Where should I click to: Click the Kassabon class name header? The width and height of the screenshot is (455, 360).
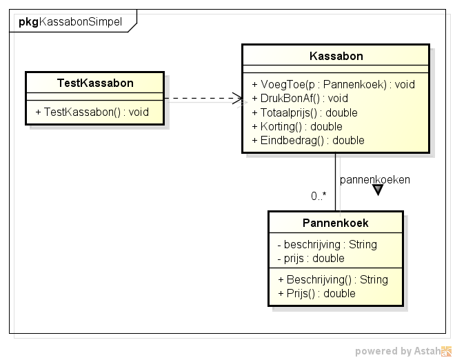[x=336, y=56]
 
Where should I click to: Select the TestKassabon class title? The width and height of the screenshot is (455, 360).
[x=95, y=83]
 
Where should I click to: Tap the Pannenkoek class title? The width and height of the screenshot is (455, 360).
[x=336, y=223]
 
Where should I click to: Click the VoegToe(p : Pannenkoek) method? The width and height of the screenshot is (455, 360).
[x=334, y=85]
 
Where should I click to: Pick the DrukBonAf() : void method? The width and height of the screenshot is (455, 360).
[x=300, y=99]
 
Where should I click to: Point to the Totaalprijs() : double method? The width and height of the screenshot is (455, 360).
[x=305, y=112]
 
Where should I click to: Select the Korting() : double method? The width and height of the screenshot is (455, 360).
[x=297, y=127]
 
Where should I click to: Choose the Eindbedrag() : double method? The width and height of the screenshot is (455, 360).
[x=308, y=141]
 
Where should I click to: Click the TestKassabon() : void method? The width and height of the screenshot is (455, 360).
[x=92, y=112]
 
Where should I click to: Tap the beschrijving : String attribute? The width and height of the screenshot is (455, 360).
[x=327, y=244]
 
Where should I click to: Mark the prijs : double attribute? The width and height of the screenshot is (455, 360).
[x=311, y=259]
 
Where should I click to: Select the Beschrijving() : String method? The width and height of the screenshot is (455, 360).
[x=333, y=279]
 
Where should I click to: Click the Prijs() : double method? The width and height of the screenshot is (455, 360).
[x=316, y=294]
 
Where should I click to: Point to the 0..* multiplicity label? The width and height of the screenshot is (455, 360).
[x=318, y=197]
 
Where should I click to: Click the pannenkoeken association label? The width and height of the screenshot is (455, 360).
[x=375, y=180]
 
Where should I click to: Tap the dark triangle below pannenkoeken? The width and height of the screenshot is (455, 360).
[x=378, y=190]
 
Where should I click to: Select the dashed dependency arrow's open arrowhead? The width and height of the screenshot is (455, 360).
[x=238, y=99]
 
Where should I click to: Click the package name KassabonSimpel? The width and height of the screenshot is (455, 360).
[x=81, y=22]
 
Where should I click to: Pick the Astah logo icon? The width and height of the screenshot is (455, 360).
[x=446, y=351]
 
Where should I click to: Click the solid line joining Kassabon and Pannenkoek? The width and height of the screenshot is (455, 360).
[x=336, y=182]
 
